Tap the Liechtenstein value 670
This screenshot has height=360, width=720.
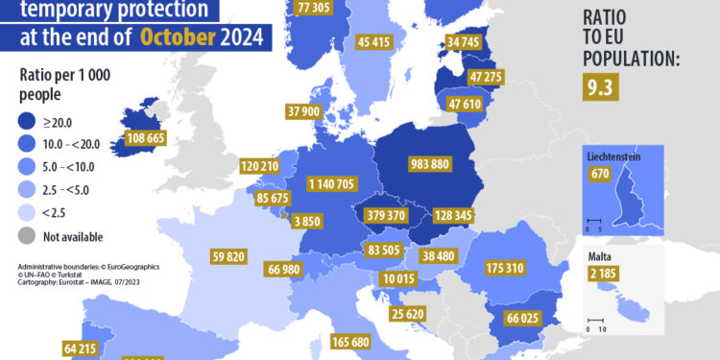tap(601, 174)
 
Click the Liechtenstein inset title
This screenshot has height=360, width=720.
tap(612, 156)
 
